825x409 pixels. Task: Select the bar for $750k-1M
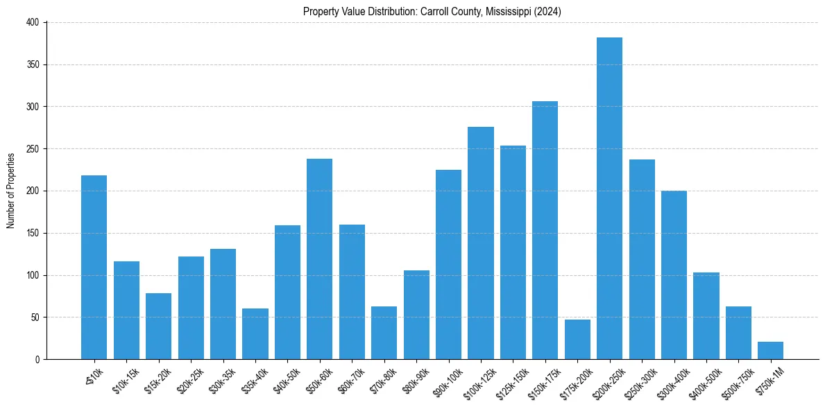point(770,351)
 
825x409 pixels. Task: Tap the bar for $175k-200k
point(577,340)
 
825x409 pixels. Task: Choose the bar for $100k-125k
point(481,243)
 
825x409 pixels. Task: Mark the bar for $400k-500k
point(706,316)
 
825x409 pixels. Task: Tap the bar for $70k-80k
point(384,333)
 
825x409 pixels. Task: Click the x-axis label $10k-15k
point(125,379)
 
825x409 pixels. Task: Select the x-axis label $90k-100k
point(446,381)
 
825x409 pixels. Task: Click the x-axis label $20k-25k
point(189,379)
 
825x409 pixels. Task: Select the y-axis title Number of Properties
point(10,191)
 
